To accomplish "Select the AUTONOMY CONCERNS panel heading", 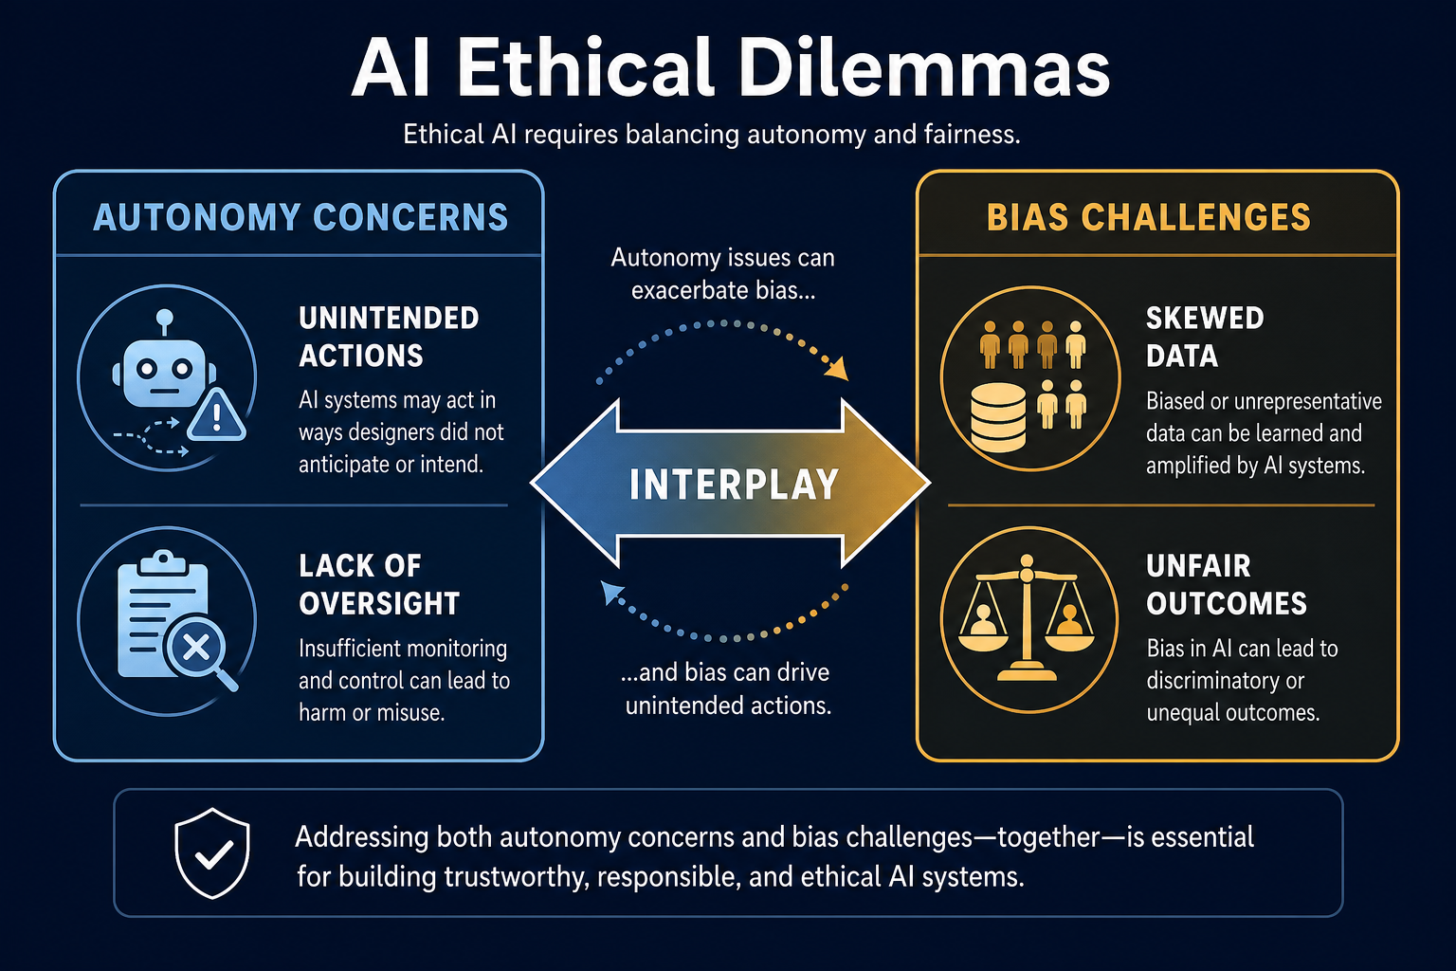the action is (x=300, y=217).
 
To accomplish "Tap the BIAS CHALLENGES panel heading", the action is (x=1149, y=217).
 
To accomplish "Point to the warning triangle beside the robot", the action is (x=216, y=415).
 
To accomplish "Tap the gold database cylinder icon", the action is (x=998, y=417).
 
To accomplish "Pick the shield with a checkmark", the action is (x=212, y=853).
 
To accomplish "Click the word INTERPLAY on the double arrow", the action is (x=734, y=485).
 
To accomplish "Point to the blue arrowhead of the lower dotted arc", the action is (x=611, y=592).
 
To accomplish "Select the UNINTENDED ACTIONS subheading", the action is (x=389, y=337).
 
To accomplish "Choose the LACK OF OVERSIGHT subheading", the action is (x=379, y=585).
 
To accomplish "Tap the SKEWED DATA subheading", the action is (x=1205, y=337).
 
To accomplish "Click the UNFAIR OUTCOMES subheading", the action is (x=1227, y=585).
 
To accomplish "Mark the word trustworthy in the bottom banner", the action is (x=518, y=877).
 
